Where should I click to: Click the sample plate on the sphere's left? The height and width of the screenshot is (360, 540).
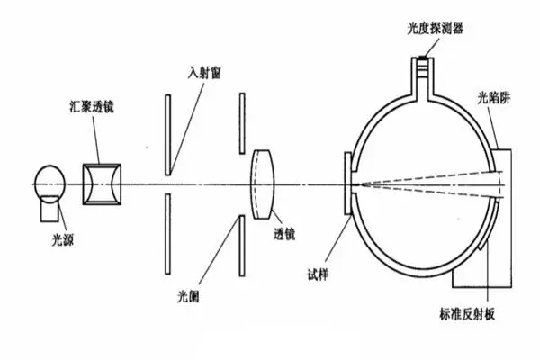tap(347, 184)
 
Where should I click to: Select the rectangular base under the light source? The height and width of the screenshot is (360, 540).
tap(49, 211)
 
